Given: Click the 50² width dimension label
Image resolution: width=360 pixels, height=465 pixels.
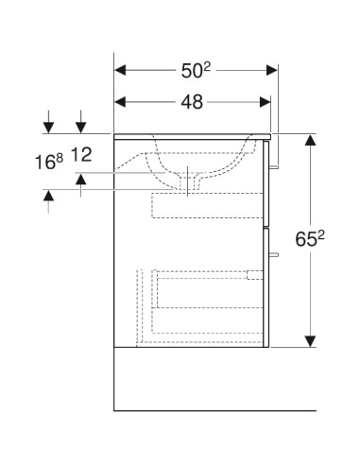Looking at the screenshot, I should point(197,69).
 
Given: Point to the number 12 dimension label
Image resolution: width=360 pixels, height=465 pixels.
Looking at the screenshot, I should point(83,153).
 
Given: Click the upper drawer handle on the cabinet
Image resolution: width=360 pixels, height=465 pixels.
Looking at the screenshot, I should point(275,168).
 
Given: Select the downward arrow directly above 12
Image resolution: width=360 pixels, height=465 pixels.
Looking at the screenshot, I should point(82,127).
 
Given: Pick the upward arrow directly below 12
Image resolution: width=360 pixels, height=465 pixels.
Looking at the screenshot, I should point(82,177).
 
